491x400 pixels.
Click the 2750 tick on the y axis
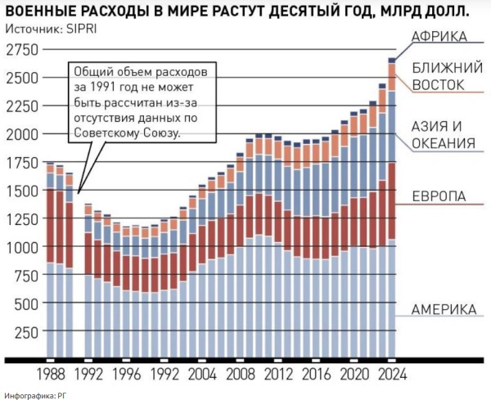22,51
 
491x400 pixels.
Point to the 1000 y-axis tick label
22,247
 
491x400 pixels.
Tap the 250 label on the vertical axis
26,332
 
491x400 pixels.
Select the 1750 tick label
22,163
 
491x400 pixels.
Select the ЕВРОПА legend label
439,197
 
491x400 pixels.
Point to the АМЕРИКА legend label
444,310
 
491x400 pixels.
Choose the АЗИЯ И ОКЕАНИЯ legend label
443,135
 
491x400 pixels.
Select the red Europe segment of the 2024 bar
392,200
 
